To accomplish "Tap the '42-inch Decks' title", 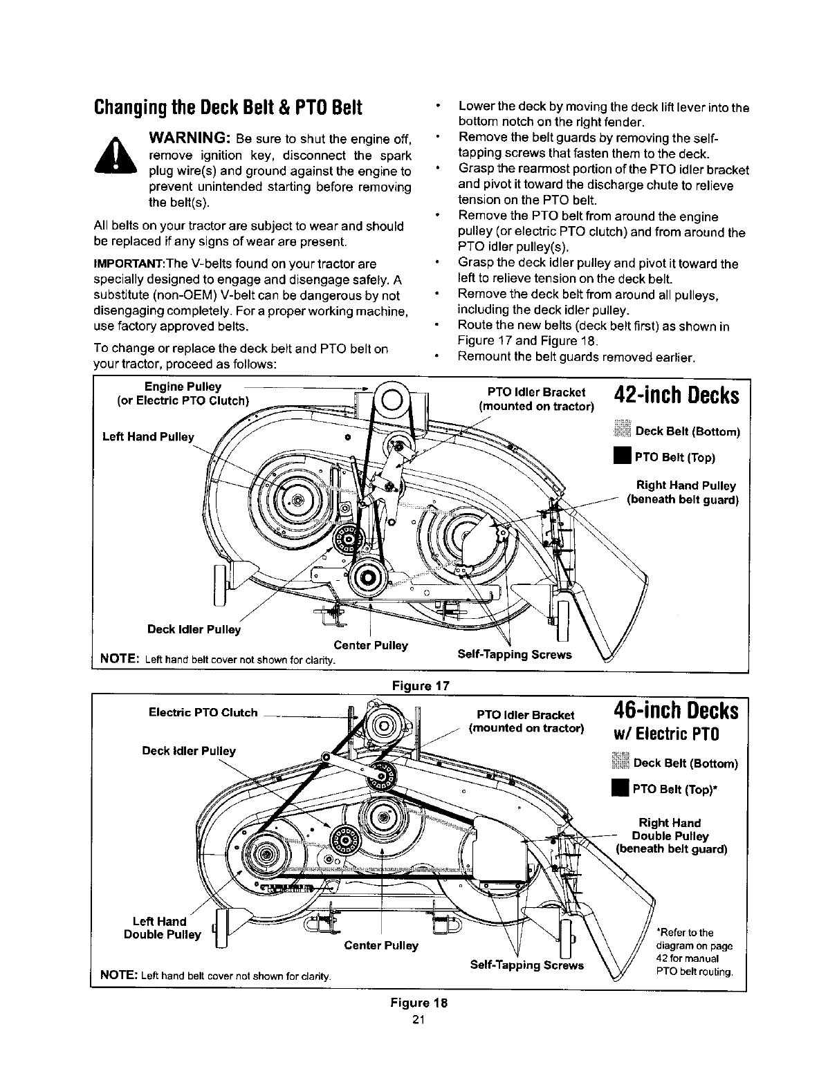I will tap(676, 396).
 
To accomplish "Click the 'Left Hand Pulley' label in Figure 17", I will tap(147, 437).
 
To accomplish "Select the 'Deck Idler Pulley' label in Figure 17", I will tap(194, 629).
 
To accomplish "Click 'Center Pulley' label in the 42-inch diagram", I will tap(370, 645).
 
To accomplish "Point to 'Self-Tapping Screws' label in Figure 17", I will tap(515, 654).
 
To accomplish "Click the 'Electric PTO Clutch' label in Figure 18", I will tap(203, 712).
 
